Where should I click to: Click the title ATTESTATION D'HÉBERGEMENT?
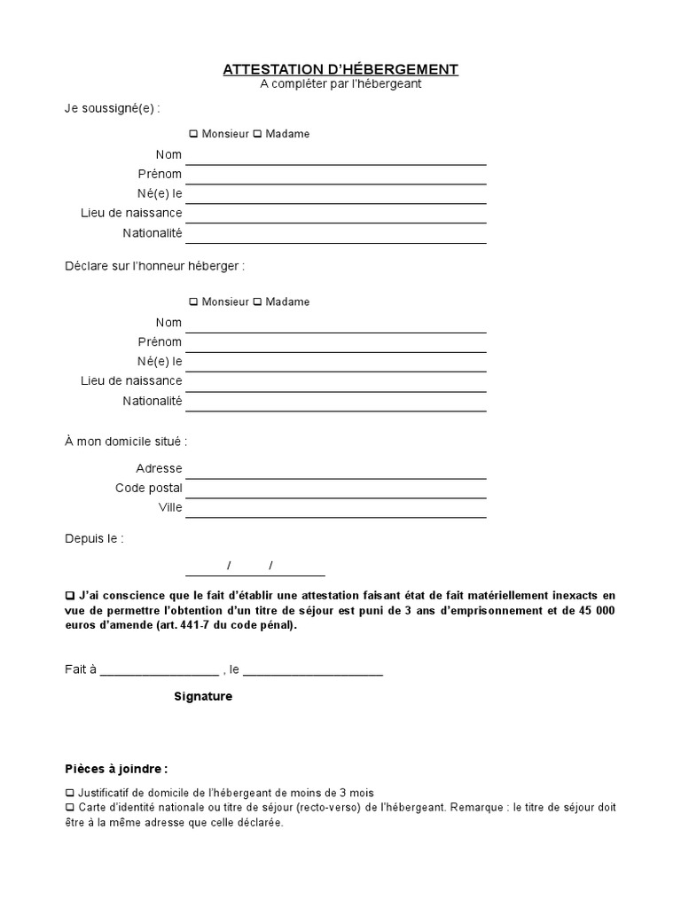(x=340, y=69)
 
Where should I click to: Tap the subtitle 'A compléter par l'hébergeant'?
(x=340, y=84)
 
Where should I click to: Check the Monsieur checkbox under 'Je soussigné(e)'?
(x=193, y=135)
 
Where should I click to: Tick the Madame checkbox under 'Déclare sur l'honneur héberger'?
(x=258, y=302)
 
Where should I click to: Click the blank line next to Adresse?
(x=335, y=469)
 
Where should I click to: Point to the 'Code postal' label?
(x=149, y=488)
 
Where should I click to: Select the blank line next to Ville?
(x=335, y=508)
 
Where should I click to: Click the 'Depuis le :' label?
(x=94, y=538)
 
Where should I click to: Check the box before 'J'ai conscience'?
(x=70, y=595)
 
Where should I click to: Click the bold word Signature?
(x=203, y=697)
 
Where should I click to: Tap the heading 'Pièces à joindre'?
(x=115, y=769)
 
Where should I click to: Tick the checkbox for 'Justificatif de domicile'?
(x=70, y=793)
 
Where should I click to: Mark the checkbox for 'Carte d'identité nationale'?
(x=70, y=808)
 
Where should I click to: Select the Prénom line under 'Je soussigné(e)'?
(x=335, y=175)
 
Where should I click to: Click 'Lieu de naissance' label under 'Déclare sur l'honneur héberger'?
(x=131, y=380)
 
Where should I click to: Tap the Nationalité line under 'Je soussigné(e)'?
(x=335, y=234)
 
